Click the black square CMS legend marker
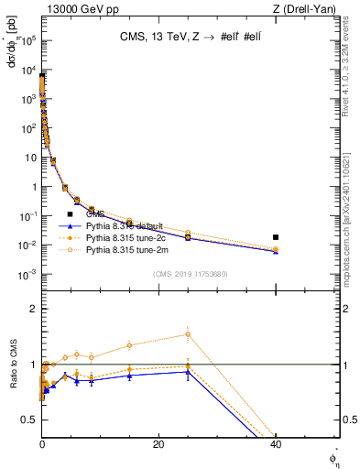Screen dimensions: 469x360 [70, 214]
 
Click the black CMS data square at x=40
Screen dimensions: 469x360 [276, 237]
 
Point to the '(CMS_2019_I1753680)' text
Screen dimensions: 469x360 [190, 274]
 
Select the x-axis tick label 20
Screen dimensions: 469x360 [158, 444]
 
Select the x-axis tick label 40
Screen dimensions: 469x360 [276, 444]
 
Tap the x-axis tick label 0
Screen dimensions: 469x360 [42, 444]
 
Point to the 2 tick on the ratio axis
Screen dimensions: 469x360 [34, 309]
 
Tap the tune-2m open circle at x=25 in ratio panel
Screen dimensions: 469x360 [188, 334]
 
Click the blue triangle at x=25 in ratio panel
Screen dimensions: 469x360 [188, 371]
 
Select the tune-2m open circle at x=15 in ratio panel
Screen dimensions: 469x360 [129, 345]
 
